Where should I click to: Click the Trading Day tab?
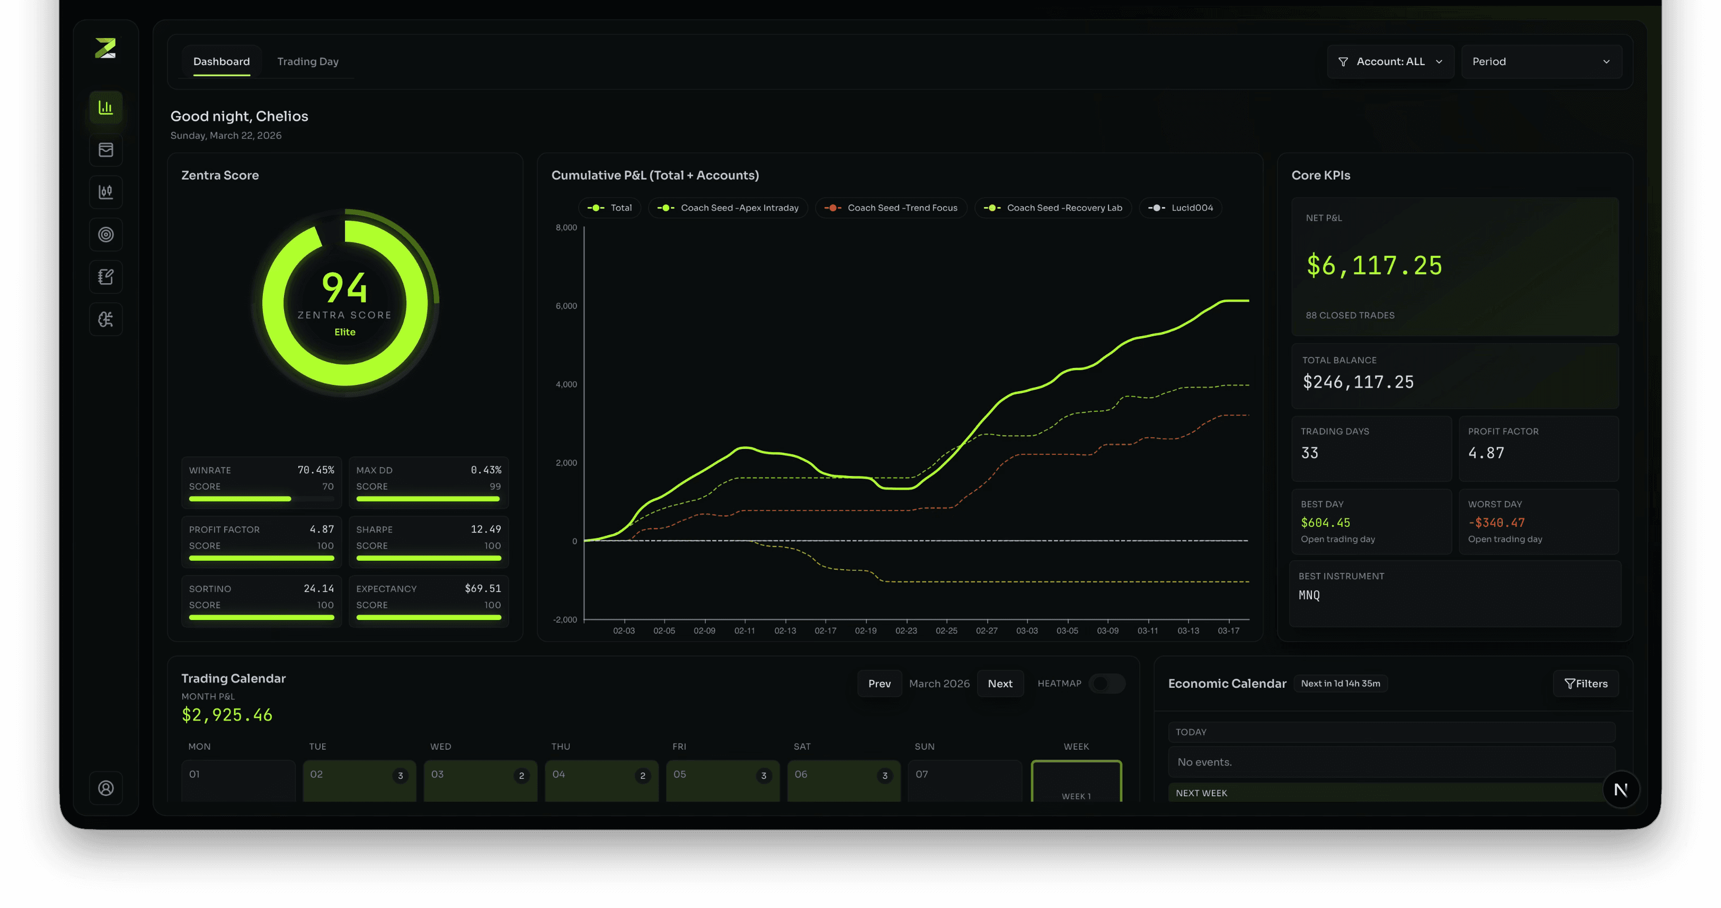(307, 61)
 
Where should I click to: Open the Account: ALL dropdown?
(1390, 61)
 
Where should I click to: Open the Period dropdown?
(1541, 61)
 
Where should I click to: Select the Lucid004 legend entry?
(1181, 208)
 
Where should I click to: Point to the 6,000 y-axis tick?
(566, 306)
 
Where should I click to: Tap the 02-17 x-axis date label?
(825, 630)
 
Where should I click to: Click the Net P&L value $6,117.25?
(1374, 266)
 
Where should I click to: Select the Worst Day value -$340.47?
(1496, 523)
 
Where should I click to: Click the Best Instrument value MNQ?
(1309, 595)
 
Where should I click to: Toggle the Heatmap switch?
(1106, 683)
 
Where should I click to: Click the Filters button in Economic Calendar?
(1585, 683)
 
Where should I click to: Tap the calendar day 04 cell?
(601, 780)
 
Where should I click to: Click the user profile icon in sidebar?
(105, 788)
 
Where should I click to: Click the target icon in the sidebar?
(105, 235)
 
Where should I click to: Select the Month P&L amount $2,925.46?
(227, 715)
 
